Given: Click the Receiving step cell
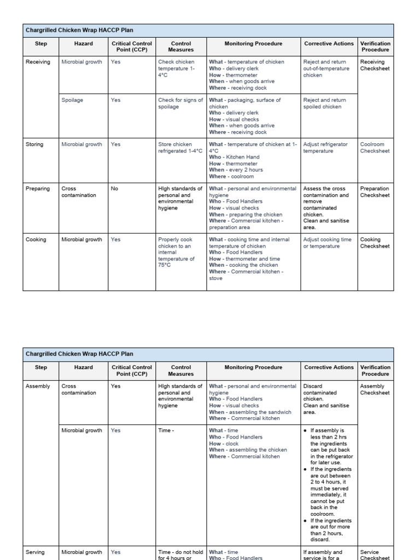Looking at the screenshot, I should pyautogui.click(x=38, y=62).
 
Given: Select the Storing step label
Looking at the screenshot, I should pyautogui.click(x=36, y=144).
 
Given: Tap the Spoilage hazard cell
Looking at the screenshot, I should pyautogui.click(x=72, y=101).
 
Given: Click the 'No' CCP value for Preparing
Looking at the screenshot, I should pyautogui.click(x=115, y=189).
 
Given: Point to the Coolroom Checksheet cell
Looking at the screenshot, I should pyautogui.click(x=375, y=148).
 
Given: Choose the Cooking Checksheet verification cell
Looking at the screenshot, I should pyautogui.click(x=375, y=243).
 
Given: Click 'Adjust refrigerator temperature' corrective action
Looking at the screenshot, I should pyautogui.click(x=325, y=148).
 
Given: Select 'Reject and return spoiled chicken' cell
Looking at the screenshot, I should pyautogui.click(x=325, y=104).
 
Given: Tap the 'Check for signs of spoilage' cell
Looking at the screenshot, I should pyautogui.click(x=180, y=104).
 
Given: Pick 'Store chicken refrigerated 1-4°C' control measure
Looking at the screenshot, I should pyautogui.click(x=180, y=148).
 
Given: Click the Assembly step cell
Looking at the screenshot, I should pyautogui.click(x=37, y=386).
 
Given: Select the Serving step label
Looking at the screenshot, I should pyautogui.click(x=36, y=552).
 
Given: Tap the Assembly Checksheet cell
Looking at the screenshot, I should pyautogui.click(x=375, y=389).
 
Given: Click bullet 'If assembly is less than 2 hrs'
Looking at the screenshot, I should pyautogui.click(x=331, y=440).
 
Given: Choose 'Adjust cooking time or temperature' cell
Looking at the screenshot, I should pyautogui.click(x=327, y=243).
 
